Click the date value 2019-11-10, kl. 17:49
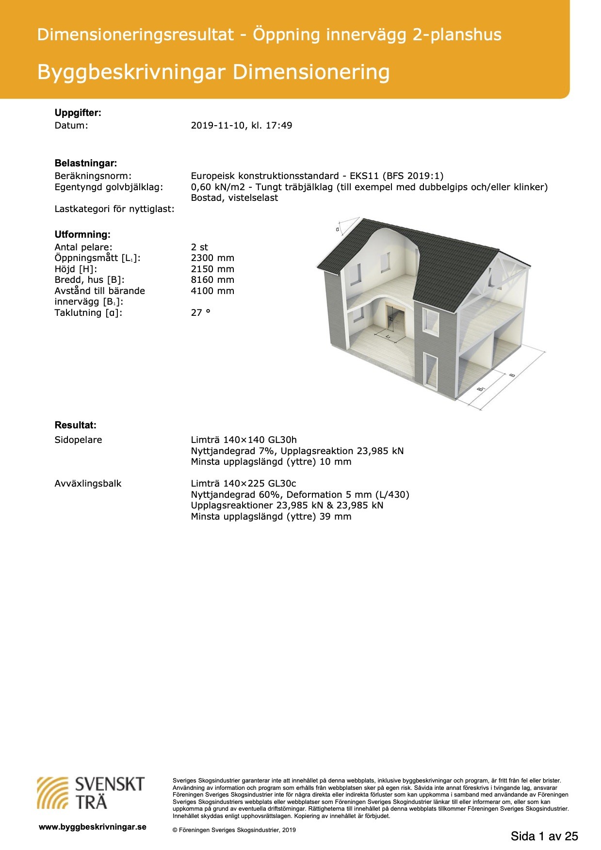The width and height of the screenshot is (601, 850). click(241, 126)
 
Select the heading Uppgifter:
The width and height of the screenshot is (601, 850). click(78, 113)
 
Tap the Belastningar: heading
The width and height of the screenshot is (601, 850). click(85, 163)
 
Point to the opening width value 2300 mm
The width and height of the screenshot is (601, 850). click(212, 258)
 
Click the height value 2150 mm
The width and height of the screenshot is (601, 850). click(212, 269)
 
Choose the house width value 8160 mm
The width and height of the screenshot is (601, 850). click(212, 280)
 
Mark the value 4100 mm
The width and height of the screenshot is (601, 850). click(212, 291)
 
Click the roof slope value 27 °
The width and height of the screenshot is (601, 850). click(200, 313)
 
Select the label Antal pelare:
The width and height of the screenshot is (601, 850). click(83, 247)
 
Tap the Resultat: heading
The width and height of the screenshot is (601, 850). click(75, 425)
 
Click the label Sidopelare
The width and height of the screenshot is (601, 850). click(78, 440)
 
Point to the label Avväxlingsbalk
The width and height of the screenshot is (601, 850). click(88, 484)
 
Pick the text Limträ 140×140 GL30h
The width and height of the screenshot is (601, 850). click(244, 440)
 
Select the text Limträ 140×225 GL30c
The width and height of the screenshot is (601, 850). click(243, 484)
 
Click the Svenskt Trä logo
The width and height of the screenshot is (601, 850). click(91, 793)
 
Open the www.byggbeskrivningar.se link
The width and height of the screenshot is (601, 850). click(92, 827)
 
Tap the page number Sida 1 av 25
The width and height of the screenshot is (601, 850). click(544, 836)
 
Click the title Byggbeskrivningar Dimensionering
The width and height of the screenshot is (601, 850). click(213, 72)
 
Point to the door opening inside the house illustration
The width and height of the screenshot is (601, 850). click(395, 322)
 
